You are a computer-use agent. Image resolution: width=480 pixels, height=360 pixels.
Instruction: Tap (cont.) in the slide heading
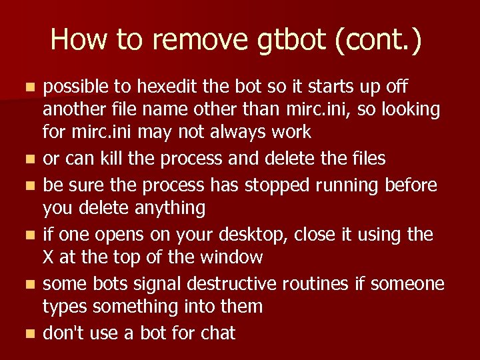[x=379, y=40]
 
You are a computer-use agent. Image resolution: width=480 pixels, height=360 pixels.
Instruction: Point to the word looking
[x=407, y=109]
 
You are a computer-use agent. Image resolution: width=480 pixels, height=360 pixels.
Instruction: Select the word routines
[x=317, y=283]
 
